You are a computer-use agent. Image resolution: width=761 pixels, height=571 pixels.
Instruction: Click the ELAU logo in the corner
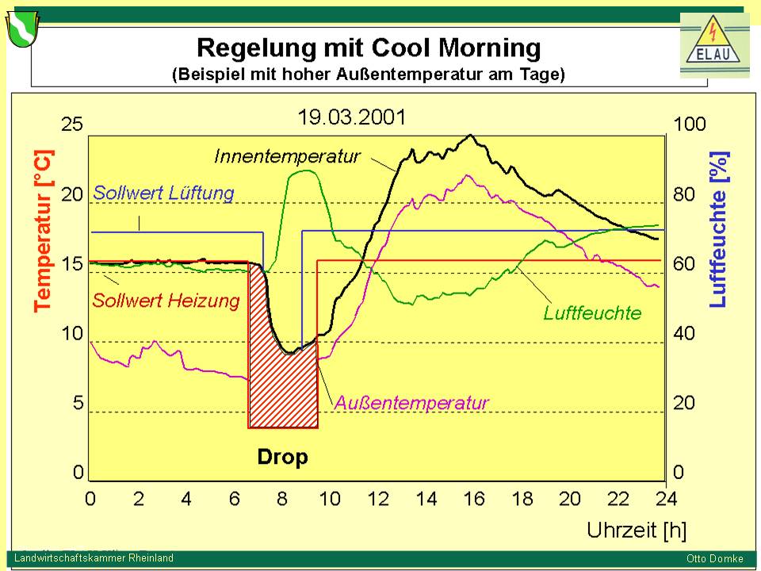point(714,45)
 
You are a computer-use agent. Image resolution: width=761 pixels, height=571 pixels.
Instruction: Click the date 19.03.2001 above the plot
point(351,117)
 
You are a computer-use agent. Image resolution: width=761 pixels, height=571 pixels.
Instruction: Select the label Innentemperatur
point(287,156)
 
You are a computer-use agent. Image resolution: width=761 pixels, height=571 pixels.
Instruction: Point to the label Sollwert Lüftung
point(163,193)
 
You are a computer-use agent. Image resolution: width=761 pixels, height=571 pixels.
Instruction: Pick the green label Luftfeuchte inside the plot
point(592,312)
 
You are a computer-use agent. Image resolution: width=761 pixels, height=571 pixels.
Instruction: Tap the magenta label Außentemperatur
point(411,403)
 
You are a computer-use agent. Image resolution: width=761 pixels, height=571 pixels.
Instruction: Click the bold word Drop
point(282,457)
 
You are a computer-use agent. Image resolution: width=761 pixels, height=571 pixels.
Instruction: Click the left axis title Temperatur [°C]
point(44,230)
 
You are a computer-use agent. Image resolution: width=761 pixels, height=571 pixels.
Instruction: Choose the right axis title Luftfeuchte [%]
point(718,230)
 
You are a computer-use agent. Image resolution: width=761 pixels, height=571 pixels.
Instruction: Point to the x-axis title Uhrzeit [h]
point(637,529)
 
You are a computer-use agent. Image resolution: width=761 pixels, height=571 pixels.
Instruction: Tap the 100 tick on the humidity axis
point(689,125)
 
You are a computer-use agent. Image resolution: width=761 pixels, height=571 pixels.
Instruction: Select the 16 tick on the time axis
point(474,499)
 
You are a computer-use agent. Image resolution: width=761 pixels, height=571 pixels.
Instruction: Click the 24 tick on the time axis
point(665,499)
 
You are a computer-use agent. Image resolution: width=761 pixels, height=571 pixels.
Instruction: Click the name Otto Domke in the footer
point(714,558)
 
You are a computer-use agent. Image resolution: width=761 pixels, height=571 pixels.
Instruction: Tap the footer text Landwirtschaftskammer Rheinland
point(94,558)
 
